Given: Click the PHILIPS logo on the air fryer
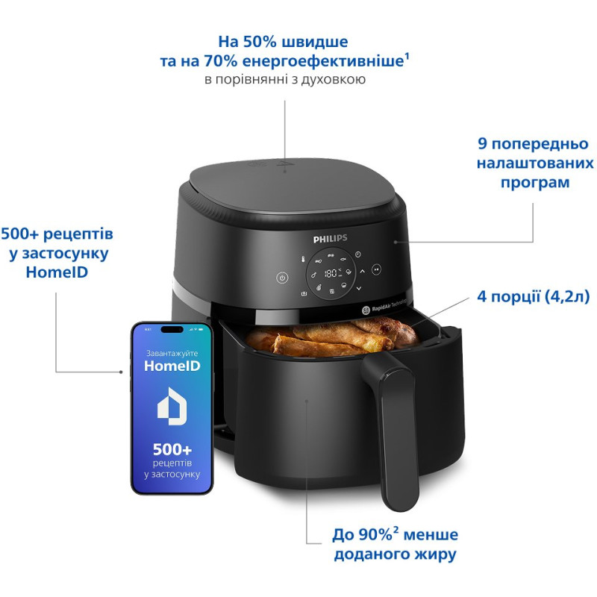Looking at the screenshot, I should pos(330,237).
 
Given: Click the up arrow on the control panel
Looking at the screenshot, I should pos(357,272).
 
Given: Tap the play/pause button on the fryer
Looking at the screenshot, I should pos(377,269).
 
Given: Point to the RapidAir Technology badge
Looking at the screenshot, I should pos(388,308).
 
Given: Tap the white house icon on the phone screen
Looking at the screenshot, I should pos(172,405).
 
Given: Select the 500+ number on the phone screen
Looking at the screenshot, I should pos(172,450).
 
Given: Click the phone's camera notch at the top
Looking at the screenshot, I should pos(172,329).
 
